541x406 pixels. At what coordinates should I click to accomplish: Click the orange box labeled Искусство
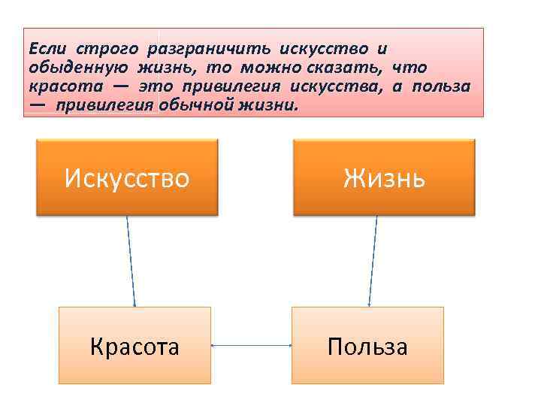(x=126, y=177)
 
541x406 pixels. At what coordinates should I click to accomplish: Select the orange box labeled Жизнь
(x=384, y=177)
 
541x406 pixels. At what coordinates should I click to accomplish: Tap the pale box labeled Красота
(x=134, y=346)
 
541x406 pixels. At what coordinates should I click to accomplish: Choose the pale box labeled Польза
(x=367, y=346)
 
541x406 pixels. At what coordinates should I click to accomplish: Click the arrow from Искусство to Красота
(x=131, y=262)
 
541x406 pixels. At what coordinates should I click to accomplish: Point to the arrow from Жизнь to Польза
(x=373, y=262)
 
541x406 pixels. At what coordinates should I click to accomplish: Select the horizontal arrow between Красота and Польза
(x=251, y=346)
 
